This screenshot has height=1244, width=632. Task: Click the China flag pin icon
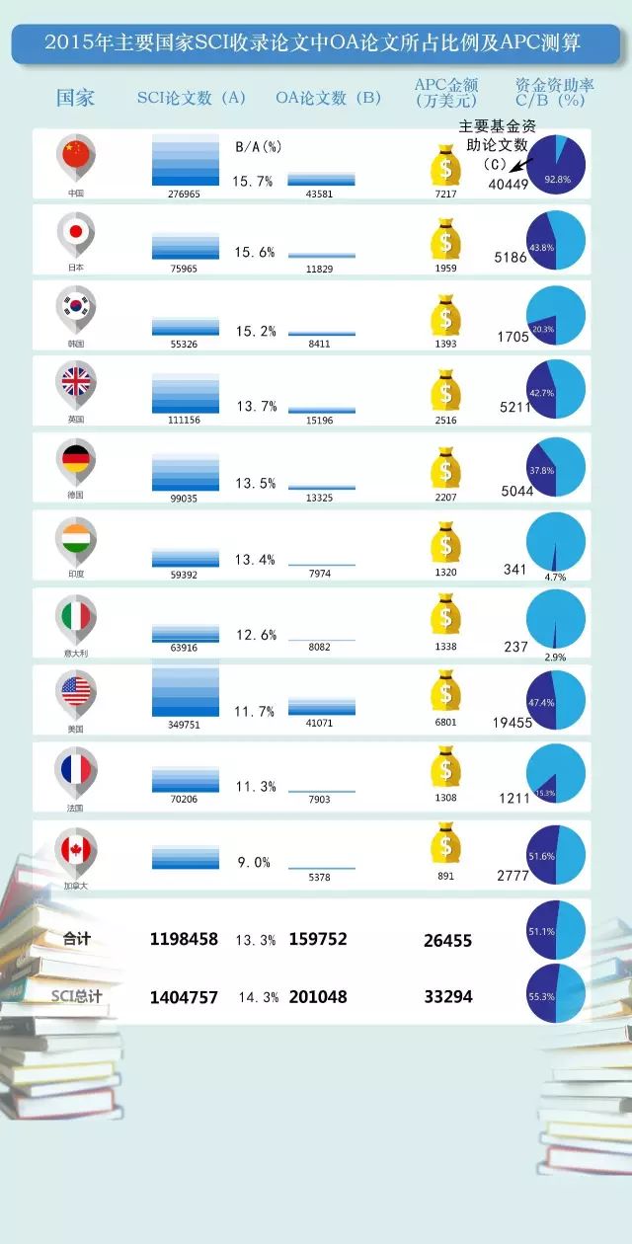coord(75,155)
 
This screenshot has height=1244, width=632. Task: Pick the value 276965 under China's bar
coord(186,194)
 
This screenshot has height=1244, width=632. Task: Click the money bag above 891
coord(446,844)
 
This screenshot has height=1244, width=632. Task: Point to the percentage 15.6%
coord(255,253)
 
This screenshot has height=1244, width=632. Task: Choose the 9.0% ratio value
coord(254,862)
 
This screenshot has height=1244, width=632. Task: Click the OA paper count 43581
coord(322,194)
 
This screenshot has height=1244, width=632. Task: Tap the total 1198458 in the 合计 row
coord(184,939)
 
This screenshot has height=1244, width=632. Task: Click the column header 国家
coord(75,98)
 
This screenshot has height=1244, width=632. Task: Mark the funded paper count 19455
coord(513,723)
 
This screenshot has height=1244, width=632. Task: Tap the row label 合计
coord(76,939)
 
